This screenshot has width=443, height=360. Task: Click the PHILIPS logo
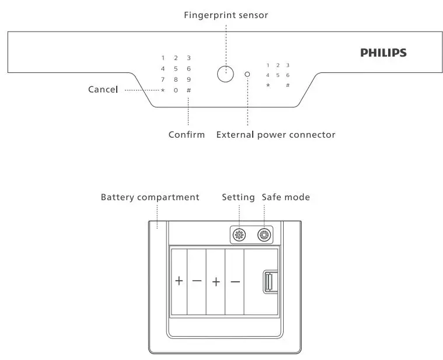383,53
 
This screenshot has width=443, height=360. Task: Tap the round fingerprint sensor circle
225,74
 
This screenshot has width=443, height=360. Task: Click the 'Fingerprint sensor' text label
226,15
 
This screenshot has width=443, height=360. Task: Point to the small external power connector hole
247,75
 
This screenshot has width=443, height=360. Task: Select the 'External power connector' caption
275,135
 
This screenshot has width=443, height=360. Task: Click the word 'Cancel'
103,90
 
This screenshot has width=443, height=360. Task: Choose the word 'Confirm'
187,135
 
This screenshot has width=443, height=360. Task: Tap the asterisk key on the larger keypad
163,90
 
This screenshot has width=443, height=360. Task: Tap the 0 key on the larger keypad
176,90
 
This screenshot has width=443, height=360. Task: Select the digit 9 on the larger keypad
189,79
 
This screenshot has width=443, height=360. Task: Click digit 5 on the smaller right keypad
278,75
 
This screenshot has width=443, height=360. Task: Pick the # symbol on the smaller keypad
288,85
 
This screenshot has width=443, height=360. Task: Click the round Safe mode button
264,235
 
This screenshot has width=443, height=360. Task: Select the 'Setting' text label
238,197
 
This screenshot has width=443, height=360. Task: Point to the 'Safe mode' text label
285,197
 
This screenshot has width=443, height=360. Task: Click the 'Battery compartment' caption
150,197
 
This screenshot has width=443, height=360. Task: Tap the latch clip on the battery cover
268,282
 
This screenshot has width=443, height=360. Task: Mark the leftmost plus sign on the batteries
179,281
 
